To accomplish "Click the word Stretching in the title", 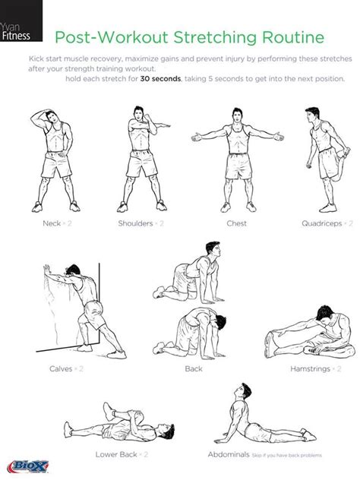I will (219, 36).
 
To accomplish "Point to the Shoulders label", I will (136, 223).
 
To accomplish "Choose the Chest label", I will (236, 223).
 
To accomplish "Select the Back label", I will (194, 368).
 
